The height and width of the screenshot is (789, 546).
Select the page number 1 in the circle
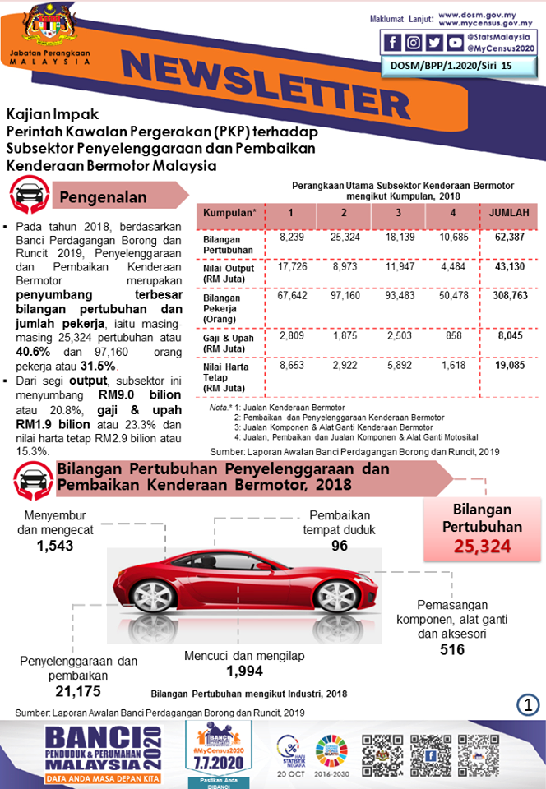[528, 704]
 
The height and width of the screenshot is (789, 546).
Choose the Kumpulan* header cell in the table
[229, 214]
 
